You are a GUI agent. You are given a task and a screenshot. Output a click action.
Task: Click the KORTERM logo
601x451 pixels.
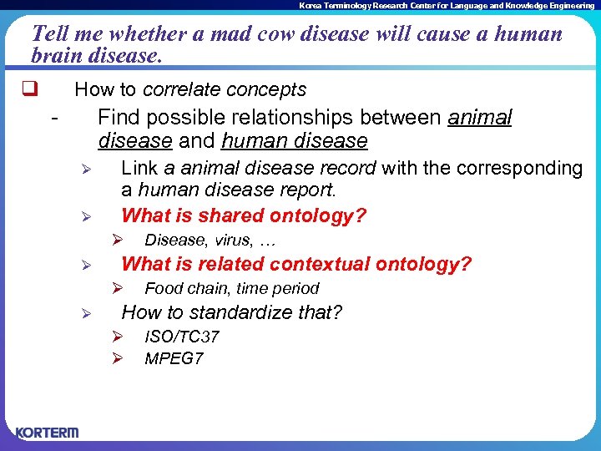47,433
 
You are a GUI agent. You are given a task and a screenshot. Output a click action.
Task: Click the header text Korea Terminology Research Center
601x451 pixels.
447,5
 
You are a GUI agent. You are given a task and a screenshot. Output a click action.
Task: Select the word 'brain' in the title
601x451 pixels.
57,55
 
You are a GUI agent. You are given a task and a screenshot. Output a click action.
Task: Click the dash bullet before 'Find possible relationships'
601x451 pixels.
54,119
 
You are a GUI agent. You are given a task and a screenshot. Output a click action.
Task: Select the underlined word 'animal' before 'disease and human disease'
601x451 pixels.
480,118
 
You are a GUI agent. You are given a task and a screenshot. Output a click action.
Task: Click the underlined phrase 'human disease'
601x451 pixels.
295,141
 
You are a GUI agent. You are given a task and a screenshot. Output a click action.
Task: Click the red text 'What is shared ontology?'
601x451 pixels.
244,215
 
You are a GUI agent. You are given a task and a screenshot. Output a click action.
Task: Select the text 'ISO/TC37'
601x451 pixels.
182,337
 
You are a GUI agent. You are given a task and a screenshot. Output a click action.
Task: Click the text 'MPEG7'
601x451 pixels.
174,359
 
